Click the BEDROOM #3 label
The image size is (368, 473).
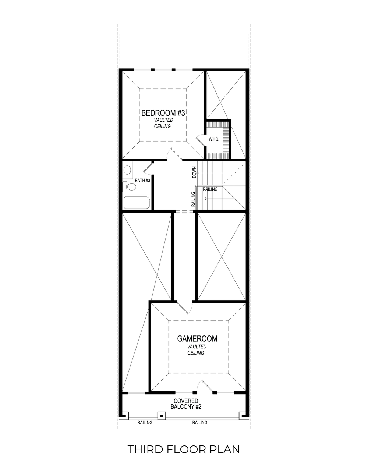click(163, 113)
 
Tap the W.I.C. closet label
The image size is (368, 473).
click(214, 139)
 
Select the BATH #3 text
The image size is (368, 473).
click(142, 181)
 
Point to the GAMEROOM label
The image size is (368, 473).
click(197, 339)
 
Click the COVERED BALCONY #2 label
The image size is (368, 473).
click(185, 404)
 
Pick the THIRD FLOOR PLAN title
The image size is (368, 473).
click(184, 449)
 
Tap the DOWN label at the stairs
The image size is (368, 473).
click(194, 172)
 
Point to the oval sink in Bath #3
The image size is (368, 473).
click(127, 170)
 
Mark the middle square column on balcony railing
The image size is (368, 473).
click(161, 416)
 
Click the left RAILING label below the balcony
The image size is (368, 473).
click(145, 423)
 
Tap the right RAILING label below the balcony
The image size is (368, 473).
click(199, 423)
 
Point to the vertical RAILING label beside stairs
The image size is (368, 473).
click(193, 199)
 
